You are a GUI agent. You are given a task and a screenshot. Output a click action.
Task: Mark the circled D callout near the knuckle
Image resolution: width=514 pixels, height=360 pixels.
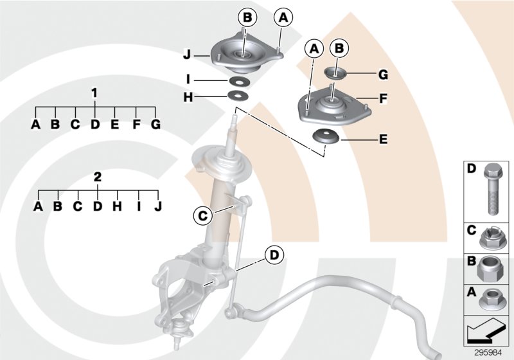coord(274,255)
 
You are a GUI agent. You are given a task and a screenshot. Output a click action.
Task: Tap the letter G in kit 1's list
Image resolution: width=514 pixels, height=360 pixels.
coord(154,124)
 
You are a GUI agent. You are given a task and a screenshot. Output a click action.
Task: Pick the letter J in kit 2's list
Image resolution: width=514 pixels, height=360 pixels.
coord(158,206)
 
